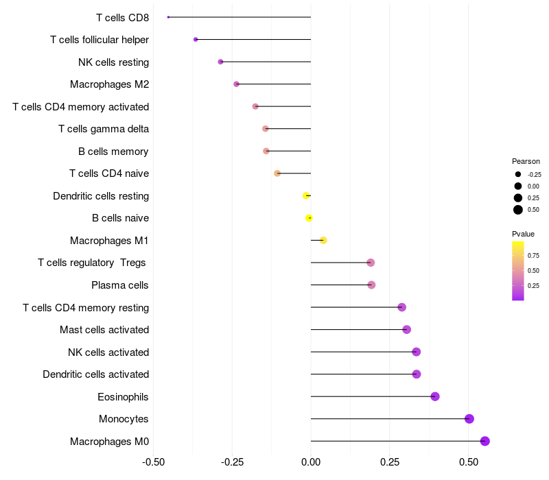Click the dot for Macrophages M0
pos(485,441)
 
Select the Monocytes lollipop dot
pos(469,419)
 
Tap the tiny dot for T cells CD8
pos(168,17)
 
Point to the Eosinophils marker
pos(435,396)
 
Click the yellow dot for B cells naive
pos(309,218)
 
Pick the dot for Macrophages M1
pos(323,240)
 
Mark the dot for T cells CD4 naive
pos(277,173)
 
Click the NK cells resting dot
pos(220,62)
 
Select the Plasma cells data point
pos(371,285)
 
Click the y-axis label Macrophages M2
pos(110,84)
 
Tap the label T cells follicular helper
pos(100,40)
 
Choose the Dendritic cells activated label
pos(96,374)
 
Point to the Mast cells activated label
pos(104,330)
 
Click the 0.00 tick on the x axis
pos(311,461)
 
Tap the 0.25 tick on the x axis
pos(390,461)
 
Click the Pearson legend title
pos(526,161)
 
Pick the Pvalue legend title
pos(524,234)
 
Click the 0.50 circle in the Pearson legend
pos(518,210)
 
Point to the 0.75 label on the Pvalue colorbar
pos(534,256)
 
